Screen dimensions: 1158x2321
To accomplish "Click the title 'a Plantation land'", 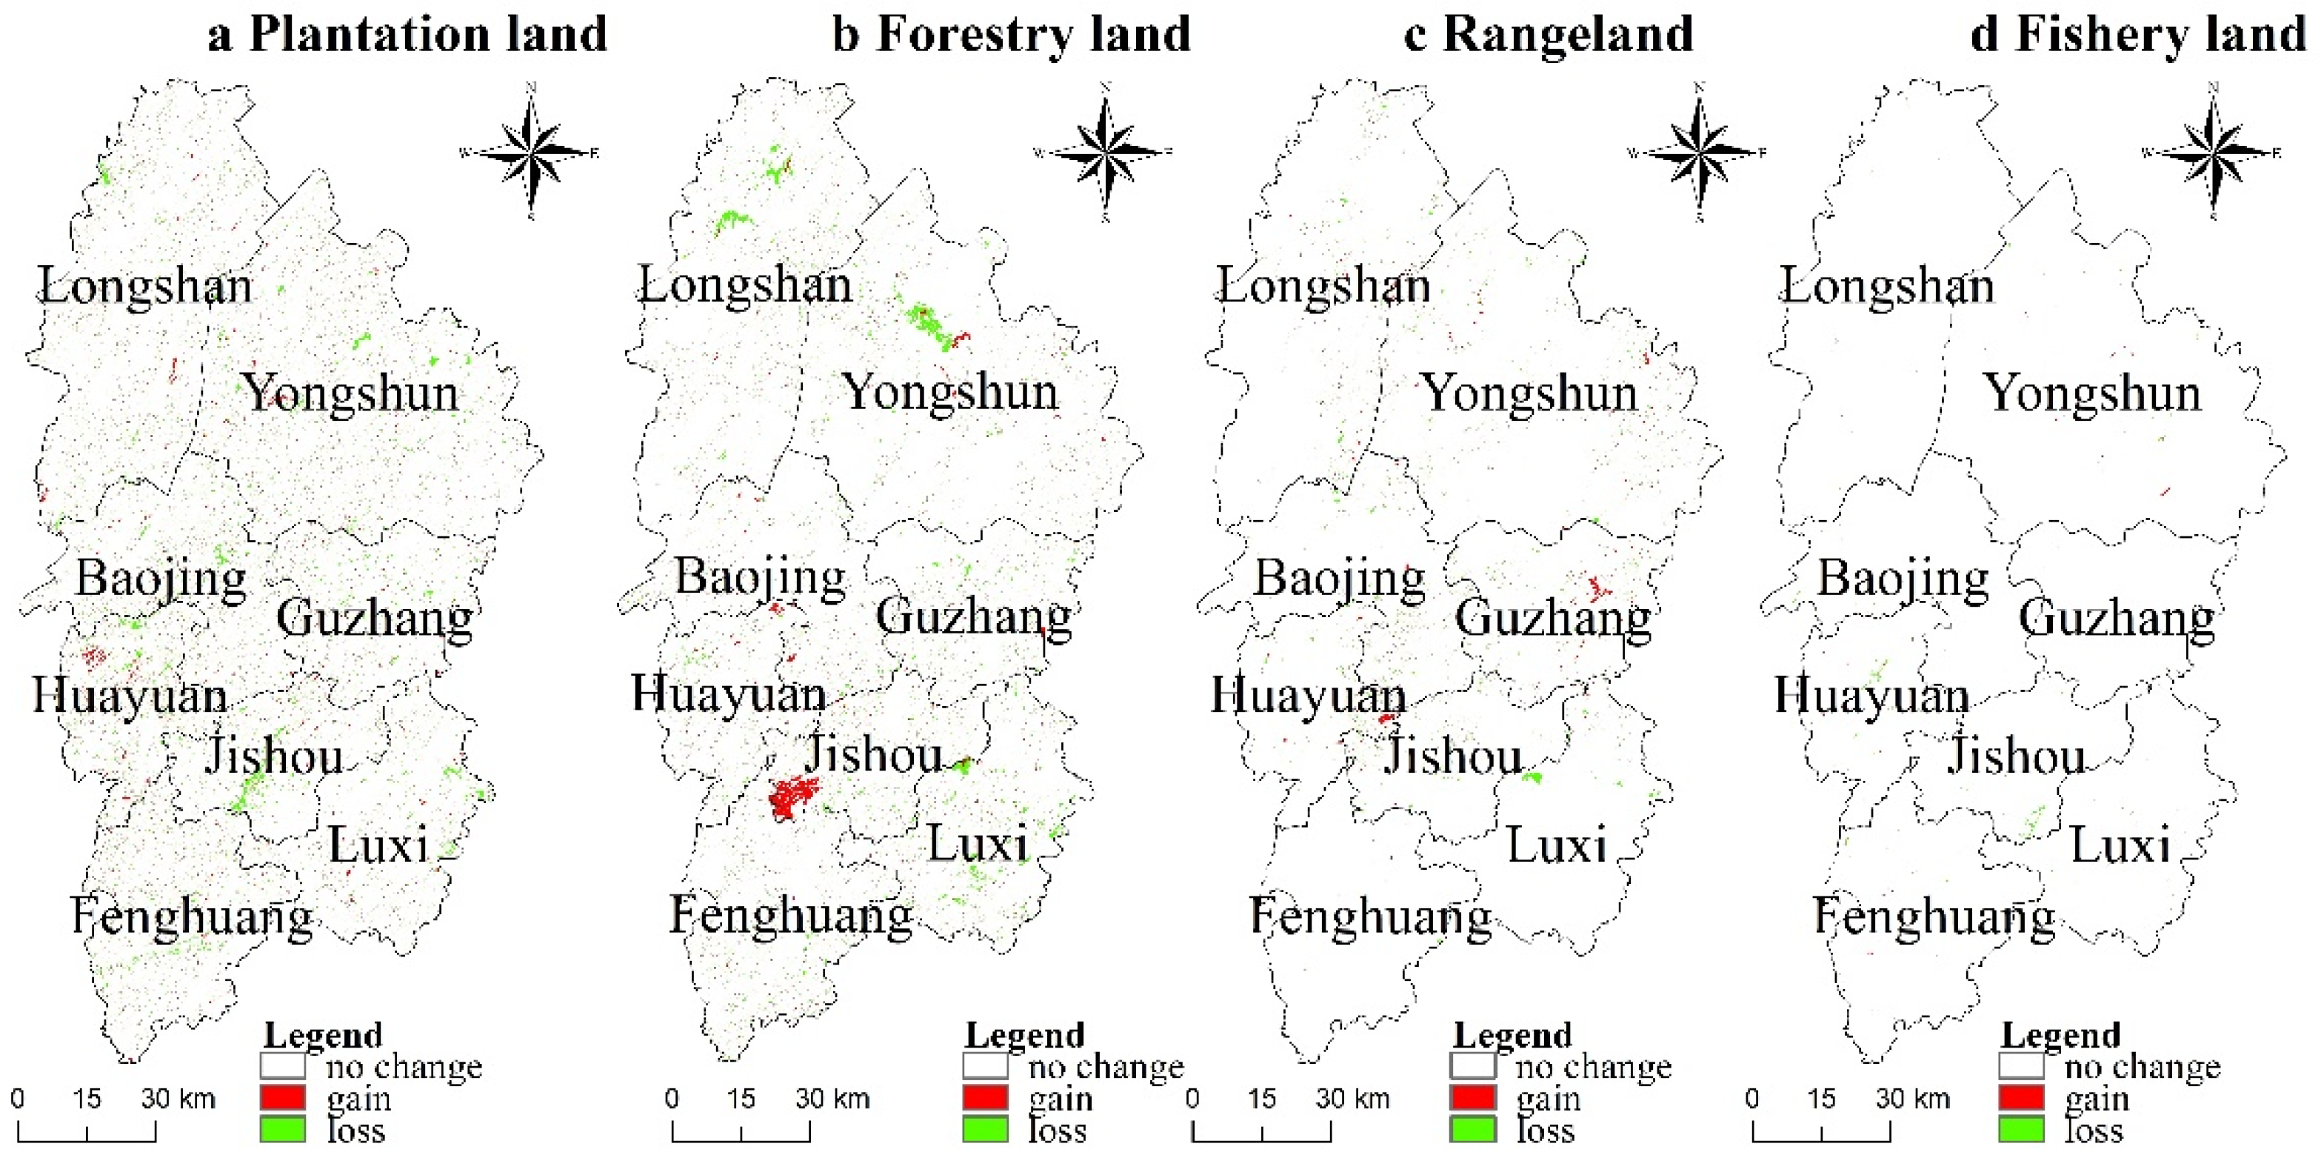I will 407,34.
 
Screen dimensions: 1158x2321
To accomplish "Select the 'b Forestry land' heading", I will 1011,34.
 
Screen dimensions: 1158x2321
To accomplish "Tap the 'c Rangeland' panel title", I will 1549,34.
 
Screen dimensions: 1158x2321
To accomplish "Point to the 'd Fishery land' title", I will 2137,34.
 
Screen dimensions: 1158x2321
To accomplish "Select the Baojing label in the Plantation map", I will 161,578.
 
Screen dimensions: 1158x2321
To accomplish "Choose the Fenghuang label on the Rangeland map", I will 1370,916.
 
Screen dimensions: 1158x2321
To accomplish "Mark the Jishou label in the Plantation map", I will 274,755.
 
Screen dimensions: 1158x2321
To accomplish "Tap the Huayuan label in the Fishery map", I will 1871,696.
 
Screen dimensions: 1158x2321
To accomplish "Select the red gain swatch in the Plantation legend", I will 283,1098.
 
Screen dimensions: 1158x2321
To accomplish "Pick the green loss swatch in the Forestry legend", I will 985,1129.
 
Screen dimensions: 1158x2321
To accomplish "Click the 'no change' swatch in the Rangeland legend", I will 1473,1066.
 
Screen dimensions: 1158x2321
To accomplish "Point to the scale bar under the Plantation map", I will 87,1131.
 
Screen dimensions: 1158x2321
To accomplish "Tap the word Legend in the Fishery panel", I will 2060,1034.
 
